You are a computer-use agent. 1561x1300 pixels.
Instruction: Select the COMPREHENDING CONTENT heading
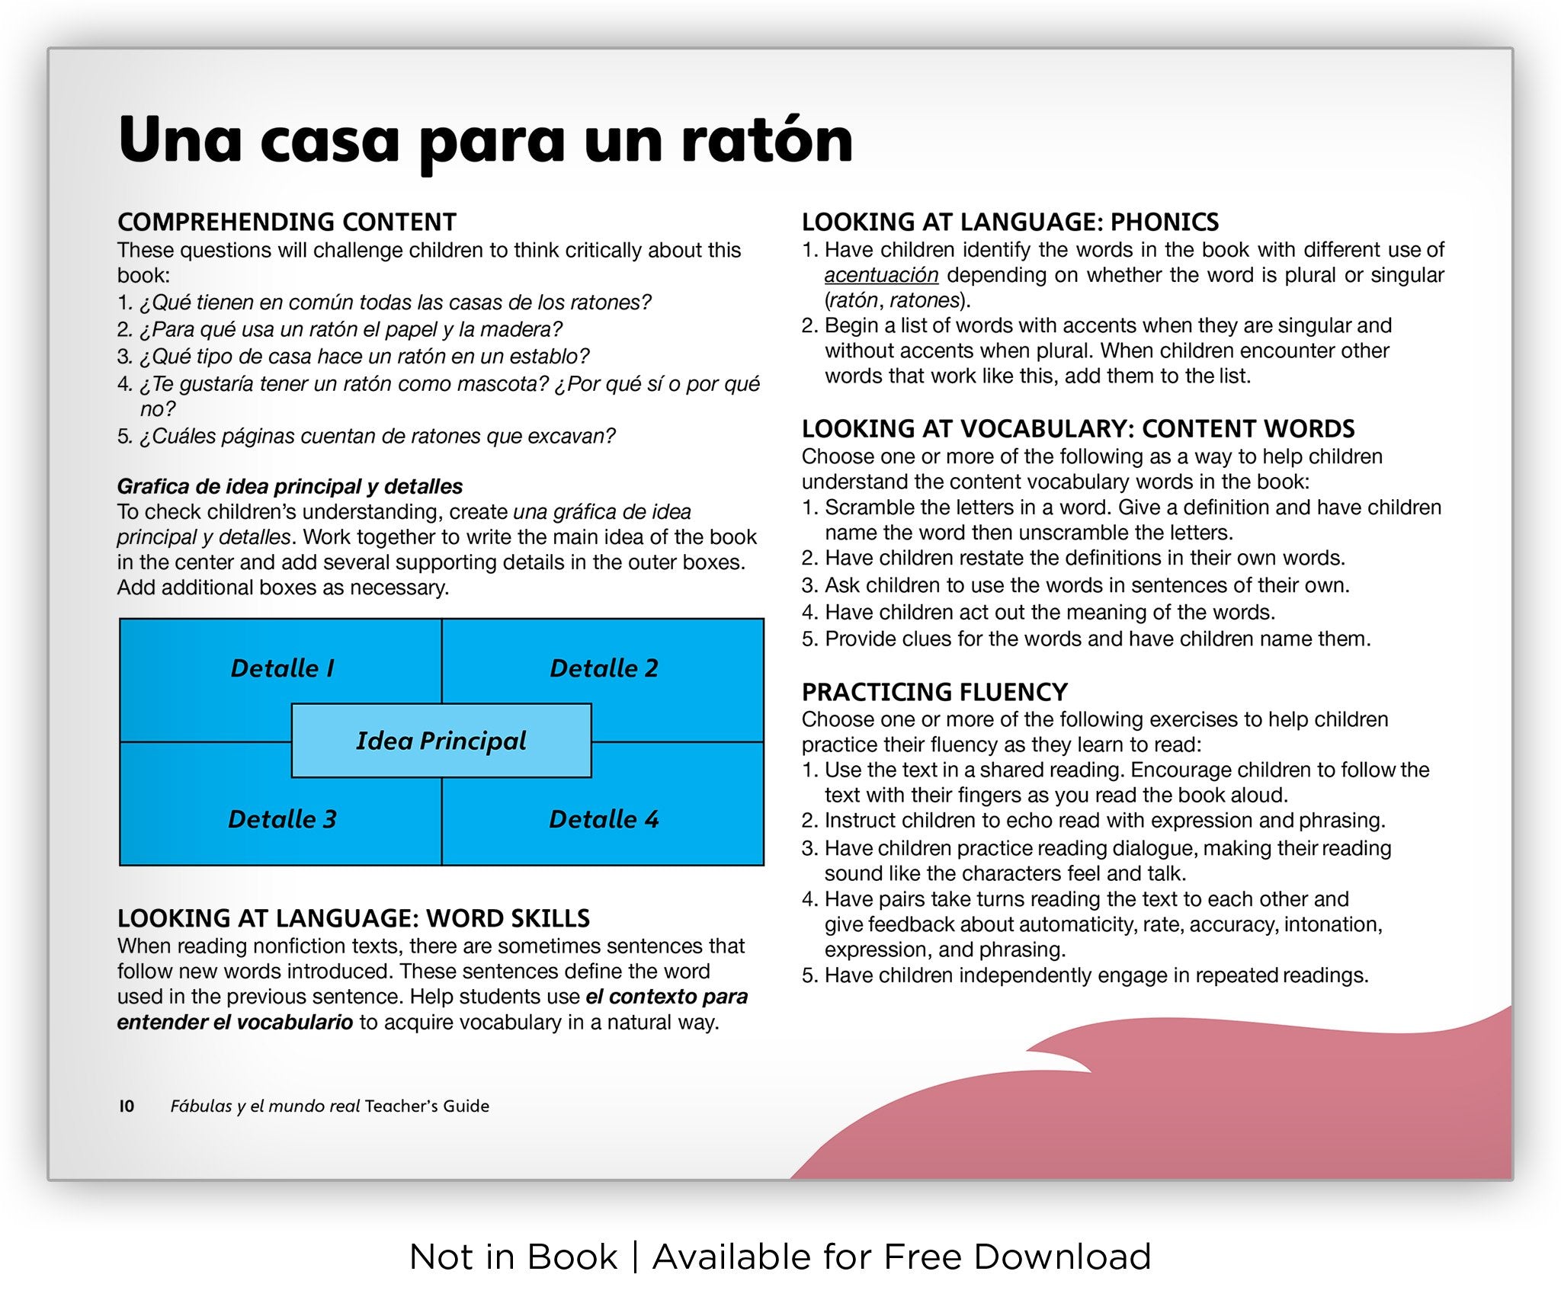pos(287,222)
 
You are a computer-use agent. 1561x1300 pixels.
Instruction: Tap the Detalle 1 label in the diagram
pos(282,668)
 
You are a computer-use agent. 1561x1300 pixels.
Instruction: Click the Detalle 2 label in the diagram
pos(604,668)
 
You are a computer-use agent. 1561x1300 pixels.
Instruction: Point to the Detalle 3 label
pos(282,819)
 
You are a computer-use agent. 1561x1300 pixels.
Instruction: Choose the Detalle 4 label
pos(604,819)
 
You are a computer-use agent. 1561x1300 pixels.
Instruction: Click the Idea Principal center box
pos(441,741)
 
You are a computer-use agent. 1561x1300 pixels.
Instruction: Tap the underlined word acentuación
pos(880,275)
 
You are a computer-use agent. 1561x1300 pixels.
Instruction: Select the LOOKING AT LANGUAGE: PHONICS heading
pos(1010,222)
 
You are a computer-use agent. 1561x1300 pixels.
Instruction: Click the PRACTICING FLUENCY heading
pos(934,692)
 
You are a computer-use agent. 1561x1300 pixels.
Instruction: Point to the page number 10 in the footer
pos(127,1106)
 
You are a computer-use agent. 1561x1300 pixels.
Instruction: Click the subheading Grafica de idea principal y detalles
pos(290,486)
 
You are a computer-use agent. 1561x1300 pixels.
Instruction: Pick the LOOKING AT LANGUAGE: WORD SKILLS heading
pos(354,918)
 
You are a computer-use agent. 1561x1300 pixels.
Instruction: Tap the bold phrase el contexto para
pos(666,997)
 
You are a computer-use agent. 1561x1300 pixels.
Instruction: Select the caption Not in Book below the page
pos(513,1257)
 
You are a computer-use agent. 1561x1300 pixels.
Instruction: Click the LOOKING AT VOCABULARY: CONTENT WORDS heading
pos(1078,429)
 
